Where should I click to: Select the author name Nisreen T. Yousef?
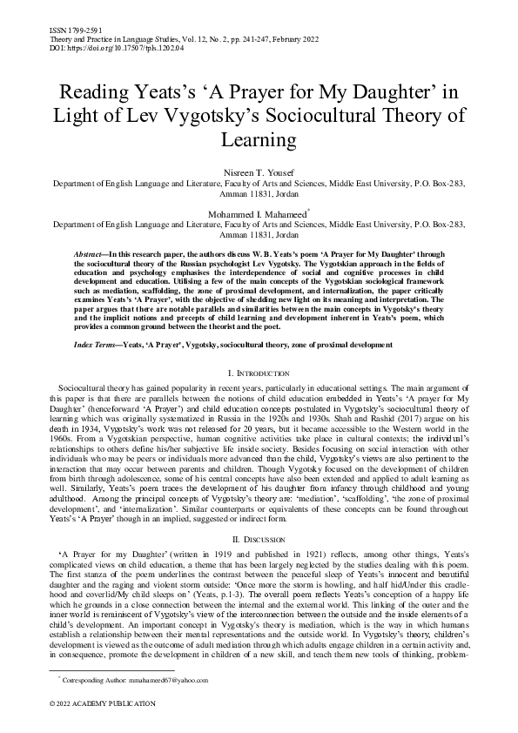tap(259, 172)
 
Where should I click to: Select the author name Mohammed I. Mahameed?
tap(258, 212)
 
